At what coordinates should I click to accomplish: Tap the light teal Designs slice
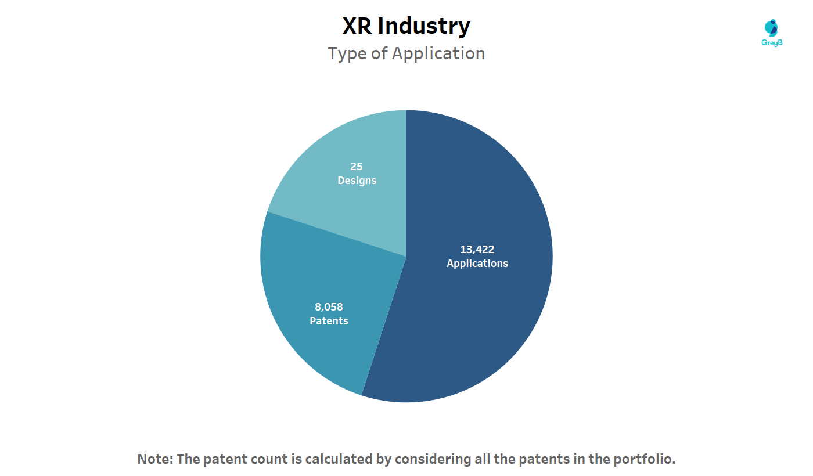tap(348, 145)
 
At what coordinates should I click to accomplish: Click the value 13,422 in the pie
tap(477, 250)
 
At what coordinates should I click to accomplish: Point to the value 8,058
tap(329, 307)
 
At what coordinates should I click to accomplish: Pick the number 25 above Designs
tap(357, 167)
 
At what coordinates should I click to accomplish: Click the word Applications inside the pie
tap(477, 264)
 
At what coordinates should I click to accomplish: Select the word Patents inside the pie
tap(329, 321)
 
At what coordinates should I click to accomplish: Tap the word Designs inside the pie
tap(357, 181)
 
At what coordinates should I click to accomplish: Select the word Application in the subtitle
tap(438, 53)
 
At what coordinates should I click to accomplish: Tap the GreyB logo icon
tap(772, 28)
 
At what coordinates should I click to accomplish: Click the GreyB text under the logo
tap(772, 43)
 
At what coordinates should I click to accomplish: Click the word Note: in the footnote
tap(155, 459)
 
